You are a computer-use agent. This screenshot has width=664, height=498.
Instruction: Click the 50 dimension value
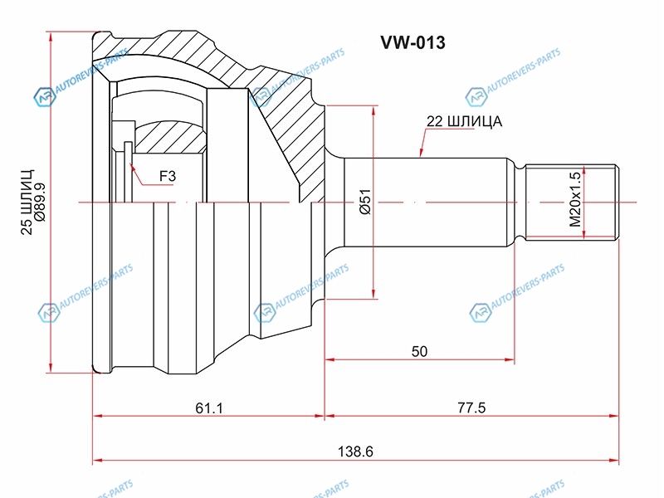pyautogui.click(x=419, y=351)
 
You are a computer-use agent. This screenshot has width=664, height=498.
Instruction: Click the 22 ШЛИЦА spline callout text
pyautogui.click(x=464, y=121)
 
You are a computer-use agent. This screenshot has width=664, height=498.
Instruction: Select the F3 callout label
pyautogui.click(x=167, y=177)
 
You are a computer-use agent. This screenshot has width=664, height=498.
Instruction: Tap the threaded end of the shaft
pyautogui.click(x=573, y=202)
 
